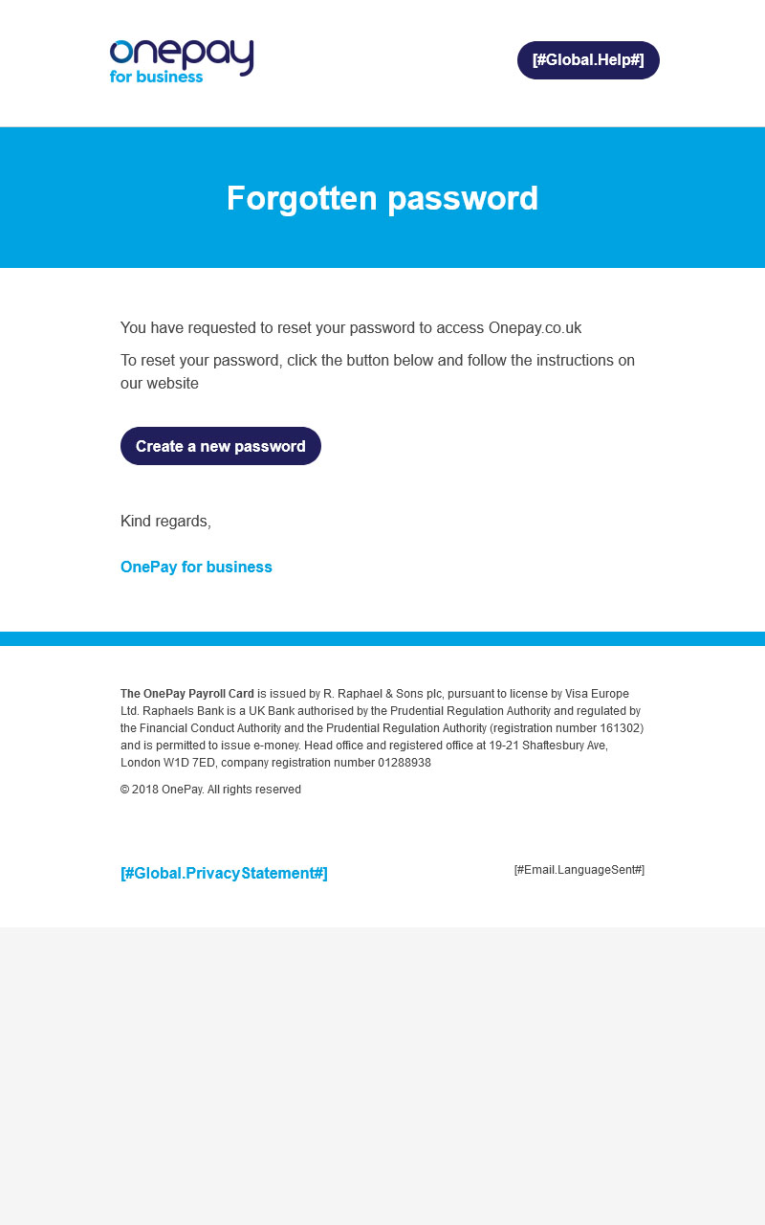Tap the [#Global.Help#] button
[x=588, y=60]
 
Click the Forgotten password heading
[x=382, y=198]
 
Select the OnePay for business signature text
[x=196, y=567]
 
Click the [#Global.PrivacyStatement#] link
[x=224, y=873]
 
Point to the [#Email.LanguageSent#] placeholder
[x=579, y=869]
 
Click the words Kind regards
[x=165, y=521]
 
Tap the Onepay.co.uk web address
[x=535, y=327]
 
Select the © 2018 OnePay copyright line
[x=210, y=790]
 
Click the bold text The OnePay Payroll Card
[x=187, y=694]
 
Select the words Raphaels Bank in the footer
[x=177, y=711]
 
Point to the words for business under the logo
[x=156, y=77]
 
